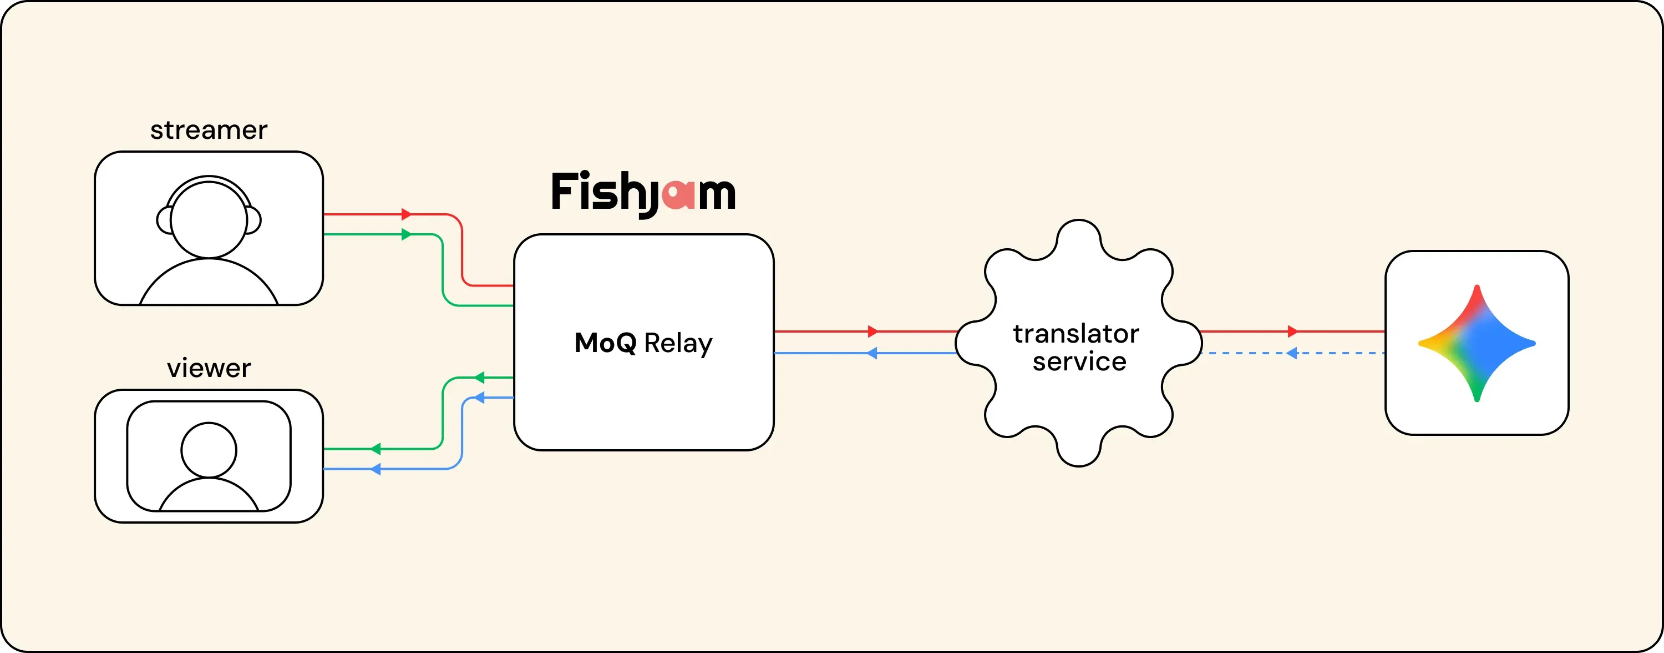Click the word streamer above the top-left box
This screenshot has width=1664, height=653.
[x=209, y=130]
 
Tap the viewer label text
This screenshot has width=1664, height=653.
[x=209, y=368]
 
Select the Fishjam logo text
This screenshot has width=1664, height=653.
[x=643, y=193]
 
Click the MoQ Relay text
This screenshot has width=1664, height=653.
[x=643, y=343]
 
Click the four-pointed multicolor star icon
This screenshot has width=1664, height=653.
[x=1477, y=343]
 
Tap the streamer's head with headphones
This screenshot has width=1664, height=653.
[x=209, y=217]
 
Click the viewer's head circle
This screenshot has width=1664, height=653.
[x=209, y=450]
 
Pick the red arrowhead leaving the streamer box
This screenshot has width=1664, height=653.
[x=407, y=214]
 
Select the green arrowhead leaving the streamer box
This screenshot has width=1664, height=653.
[x=407, y=234]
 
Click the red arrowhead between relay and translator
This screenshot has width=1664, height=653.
[x=872, y=331]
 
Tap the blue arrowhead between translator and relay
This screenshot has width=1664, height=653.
[x=872, y=353]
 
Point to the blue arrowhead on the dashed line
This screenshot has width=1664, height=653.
[x=1292, y=353]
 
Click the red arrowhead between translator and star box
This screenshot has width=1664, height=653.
[x=1292, y=331]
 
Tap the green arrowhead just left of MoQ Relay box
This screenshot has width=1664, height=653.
[x=479, y=377]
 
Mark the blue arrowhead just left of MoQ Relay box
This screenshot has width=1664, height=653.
[x=479, y=397]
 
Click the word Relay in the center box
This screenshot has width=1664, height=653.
[x=678, y=344]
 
